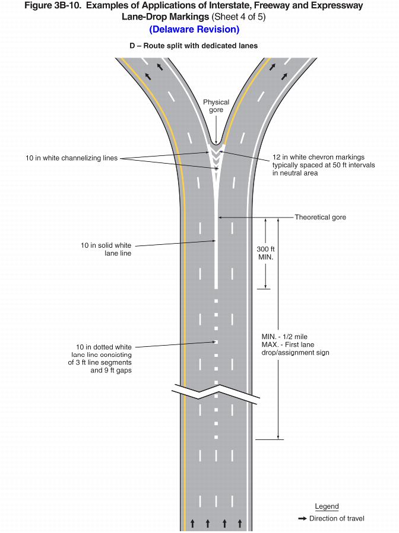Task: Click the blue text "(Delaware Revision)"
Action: pyautogui.click(x=194, y=29)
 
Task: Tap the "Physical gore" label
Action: pyautogui.click(x=216, y=106)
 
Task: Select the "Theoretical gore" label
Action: pyautogui.click(x=320, y=217)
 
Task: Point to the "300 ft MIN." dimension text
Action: pyautogui.click(x=265, y=253)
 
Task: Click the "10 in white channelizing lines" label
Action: pyautogui.click(x=72, y=158)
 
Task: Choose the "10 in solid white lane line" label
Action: pyautogui.click(x=106, y=249)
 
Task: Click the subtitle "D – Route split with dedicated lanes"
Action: pyautogui.click(x=194, y=46)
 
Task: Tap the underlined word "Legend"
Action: pyautogui.click(x=327, y=506)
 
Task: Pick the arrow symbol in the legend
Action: pyautogui.click(x=302, y=519)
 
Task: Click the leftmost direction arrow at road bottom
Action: pyautogui.click(x=192, y=523)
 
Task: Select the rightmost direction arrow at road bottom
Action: pyautogui.click(x=240, y=523)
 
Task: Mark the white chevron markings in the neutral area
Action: pyautogui.click(x=216, y=155)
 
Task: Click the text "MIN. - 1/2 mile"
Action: pyautogui.click(x=284, y=336)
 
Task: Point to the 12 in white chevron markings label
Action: pyautogui.click(x=323, y=165)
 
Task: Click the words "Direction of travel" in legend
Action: pyautogui.click(x=337, y=519)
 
